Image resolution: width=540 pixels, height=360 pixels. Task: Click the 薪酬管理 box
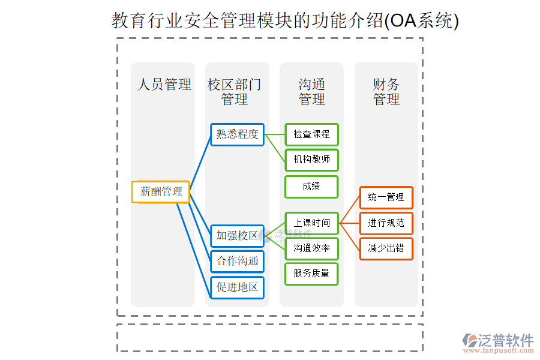[161, 192]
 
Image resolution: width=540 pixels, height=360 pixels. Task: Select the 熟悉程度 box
[237, 134]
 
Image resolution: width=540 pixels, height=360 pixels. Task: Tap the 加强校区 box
[237, 236]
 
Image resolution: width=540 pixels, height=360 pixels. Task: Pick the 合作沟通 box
[237, 262]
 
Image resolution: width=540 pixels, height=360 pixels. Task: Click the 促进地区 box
[237, 287]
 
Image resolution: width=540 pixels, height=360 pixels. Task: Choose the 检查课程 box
[311, 134]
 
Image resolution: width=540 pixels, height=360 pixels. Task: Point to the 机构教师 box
[311, 160]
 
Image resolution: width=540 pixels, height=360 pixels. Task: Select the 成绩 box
[311, 187]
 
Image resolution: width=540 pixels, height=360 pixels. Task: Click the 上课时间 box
[311, 223]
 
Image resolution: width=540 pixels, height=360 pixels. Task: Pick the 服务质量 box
[311, 274]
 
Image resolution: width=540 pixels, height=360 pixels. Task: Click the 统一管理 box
[386, 197]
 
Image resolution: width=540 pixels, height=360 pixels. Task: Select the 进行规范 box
[386, 223]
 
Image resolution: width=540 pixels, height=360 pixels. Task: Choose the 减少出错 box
[386, 248]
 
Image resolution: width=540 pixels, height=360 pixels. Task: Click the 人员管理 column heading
[164, 85]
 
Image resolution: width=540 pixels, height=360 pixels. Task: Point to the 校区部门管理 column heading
[235, 92]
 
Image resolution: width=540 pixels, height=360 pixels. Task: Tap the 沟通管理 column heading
[311, 92]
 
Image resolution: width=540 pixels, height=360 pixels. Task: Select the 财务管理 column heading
[386, 92]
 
